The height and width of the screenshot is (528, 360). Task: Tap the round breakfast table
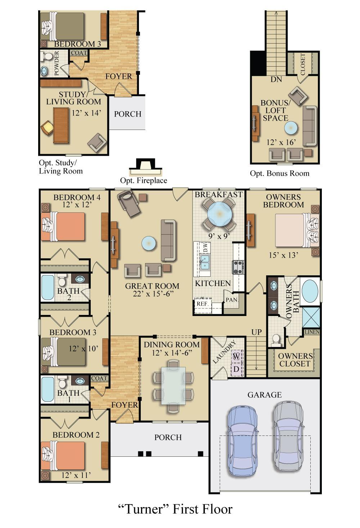[x=220, y=215]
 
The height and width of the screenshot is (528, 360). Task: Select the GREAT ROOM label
[x=152, y=286]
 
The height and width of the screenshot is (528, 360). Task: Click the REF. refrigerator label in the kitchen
[x=203, y=304]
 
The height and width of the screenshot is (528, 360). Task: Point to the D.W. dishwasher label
[x=206, y=248]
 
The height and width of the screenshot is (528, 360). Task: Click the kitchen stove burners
[x=238, y=267]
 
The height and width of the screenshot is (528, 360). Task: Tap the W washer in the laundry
[x=236, y=356]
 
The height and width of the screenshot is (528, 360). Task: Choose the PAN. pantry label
[x=232, y=300]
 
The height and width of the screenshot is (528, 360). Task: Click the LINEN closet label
[x=312, y=332]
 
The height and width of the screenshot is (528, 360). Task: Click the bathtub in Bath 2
[x=48, y=287]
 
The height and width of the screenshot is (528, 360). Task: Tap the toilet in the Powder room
[x=47, y=57]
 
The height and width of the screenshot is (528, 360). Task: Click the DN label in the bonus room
[x=276, y=80]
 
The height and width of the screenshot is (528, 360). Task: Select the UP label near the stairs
[x=256, y=332]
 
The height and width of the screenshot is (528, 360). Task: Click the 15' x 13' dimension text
[x=284, y=255]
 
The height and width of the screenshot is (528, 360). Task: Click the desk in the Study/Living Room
[x=61, y=125]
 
